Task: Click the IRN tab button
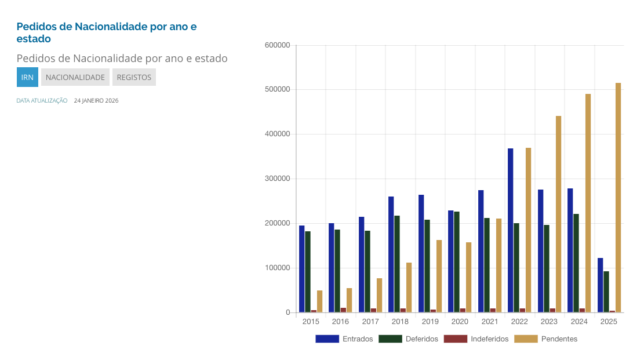[x=27, y=77]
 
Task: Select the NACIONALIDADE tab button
[x=75, y=77]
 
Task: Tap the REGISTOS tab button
[x=134, y=77]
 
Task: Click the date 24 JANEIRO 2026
[x=96, y=101]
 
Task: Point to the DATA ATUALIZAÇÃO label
[x=42, y=101]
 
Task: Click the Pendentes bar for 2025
[x=618, y=197]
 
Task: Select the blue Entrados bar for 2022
[x=511, y=230]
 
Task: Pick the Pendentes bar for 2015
[x=319, y=301]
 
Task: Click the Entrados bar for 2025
[x=600, y=285]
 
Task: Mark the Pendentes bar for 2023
[x=558, y=214]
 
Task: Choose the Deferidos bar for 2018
[x=397, y=264]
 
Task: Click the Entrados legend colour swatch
[x=327, y=339]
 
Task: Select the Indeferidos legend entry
[x=476, y=339]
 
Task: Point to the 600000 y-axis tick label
[x=276, y=45]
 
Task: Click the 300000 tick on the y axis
[x=276, y=179]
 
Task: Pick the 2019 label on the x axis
[x=430, y=321]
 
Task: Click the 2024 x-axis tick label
[x=579, y=321]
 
